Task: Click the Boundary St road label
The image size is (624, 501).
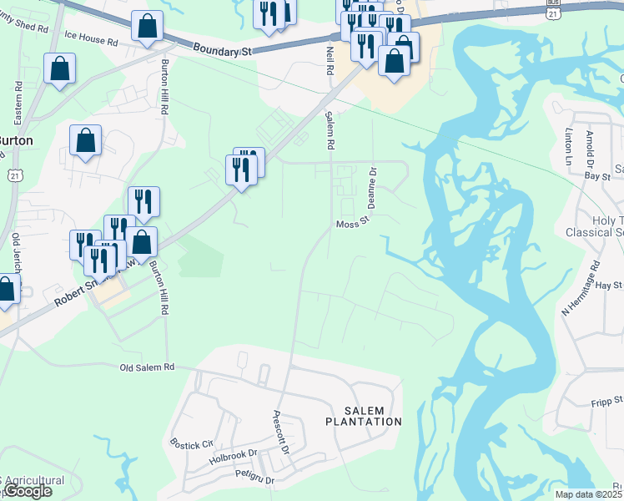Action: click(223, 51)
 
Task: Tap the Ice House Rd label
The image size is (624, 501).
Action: click(91, 38)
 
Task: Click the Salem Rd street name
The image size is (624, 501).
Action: click(330, 130)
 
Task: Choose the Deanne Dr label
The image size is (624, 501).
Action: click(373, 187)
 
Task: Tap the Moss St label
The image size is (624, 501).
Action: click(351, 225)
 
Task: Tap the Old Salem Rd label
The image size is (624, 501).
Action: click(148, 367)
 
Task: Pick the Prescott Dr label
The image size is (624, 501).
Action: click(281, 431)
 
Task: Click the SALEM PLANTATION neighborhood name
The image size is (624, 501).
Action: click(362, 416)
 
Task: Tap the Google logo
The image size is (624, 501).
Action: click(27, 491)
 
